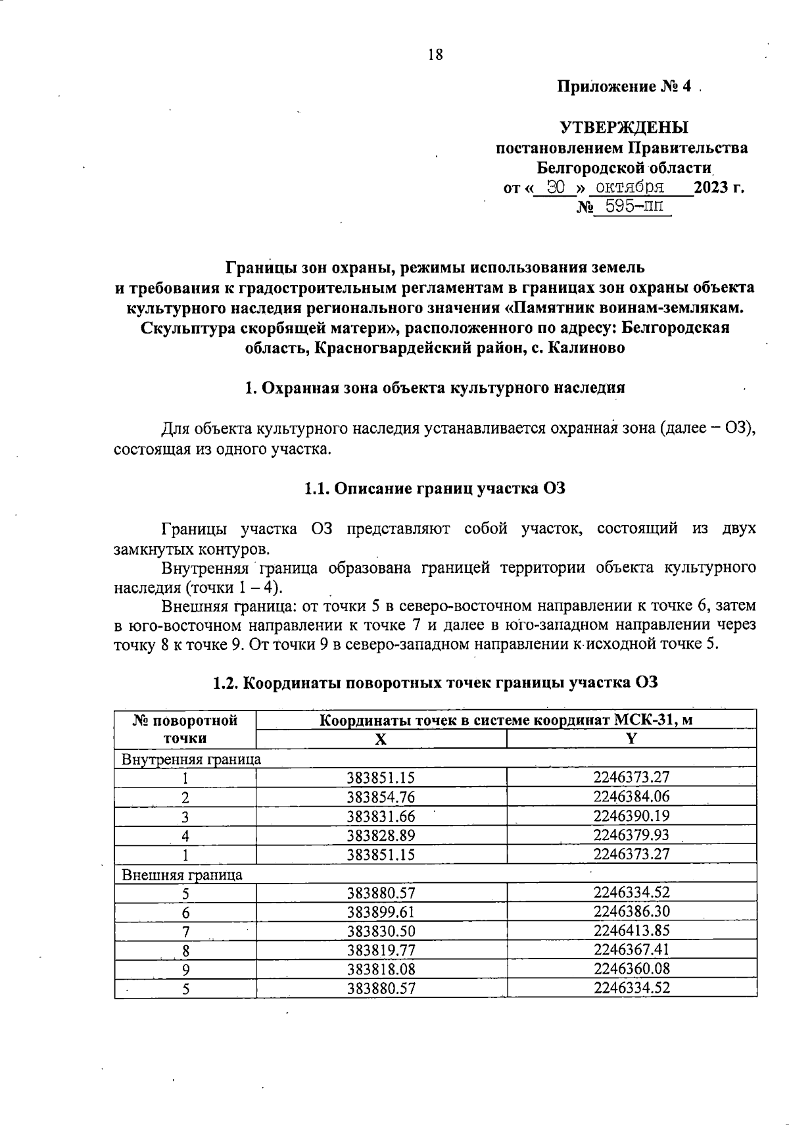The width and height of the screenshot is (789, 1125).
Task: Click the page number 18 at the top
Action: point(435,55)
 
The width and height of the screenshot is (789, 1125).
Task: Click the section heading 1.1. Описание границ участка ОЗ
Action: point(435,489)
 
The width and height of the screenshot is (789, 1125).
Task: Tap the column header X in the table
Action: point(381,739)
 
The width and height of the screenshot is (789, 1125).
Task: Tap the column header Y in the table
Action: point(631,739)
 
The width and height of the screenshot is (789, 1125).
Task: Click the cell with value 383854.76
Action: point(381,797)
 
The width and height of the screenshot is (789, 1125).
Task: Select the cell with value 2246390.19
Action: point(631,816)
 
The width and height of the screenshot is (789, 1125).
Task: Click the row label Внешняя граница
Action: point(182,875)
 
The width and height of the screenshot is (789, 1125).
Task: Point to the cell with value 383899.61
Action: point(381,913)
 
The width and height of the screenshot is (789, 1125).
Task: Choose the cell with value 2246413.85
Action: point(631,931)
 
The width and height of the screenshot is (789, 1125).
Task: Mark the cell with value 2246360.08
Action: point(631,969)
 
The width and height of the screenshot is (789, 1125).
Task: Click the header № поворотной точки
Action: point(185,729)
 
